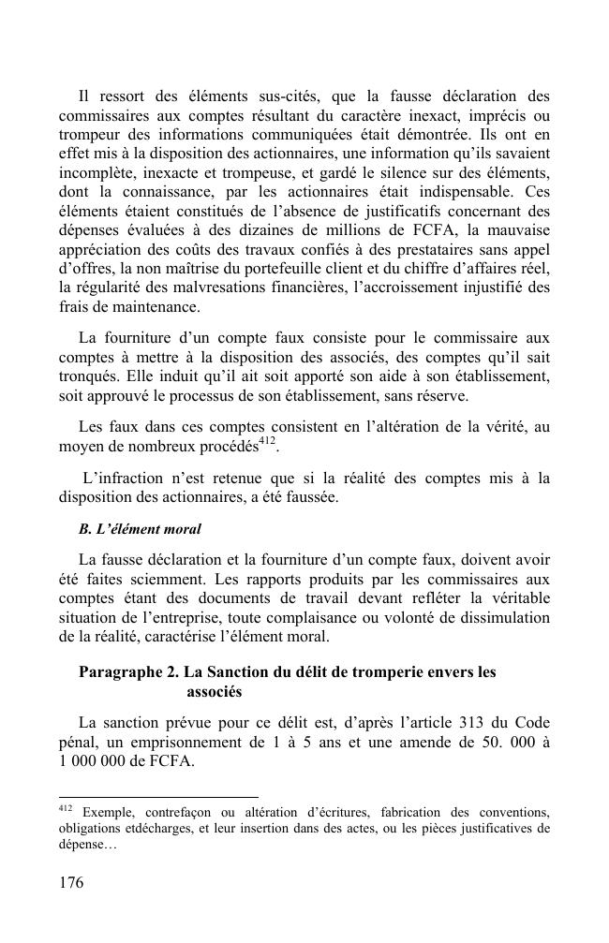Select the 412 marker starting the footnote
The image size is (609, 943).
pos(66,806)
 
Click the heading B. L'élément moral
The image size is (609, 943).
pos(140,529)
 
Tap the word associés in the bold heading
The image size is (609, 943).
pos(215,693)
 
